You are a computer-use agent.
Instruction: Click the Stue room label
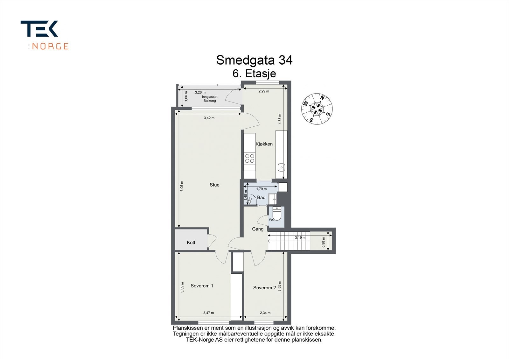tap(214, 185)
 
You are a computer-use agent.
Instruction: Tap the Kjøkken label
tap(264, 144)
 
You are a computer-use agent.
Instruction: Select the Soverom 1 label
tap(202, 286)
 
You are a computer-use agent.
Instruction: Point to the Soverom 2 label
tap(264, 288)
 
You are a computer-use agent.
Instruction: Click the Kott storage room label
tap(191, 243)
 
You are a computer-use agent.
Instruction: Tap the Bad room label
tap(261, 198)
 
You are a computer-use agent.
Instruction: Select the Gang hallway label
tap(258, 229)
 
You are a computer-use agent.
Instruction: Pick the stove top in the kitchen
tap(249, 159)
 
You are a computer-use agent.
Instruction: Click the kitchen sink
tap(281, 167)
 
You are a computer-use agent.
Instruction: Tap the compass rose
tap(317, 109)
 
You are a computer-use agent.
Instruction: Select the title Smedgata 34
tap(254, 60)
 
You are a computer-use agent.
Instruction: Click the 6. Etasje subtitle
tap(254, 74)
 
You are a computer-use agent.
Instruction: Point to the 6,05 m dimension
tap(182, 186)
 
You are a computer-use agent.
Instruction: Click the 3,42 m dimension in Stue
tap(209, 118)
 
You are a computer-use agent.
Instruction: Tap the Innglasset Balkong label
tap(210, 99)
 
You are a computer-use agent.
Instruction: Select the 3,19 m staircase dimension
tap(300, 238)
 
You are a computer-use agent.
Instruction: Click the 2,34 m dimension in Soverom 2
tap(265, 313)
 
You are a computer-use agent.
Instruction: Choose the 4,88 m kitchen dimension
tap(280, 119)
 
